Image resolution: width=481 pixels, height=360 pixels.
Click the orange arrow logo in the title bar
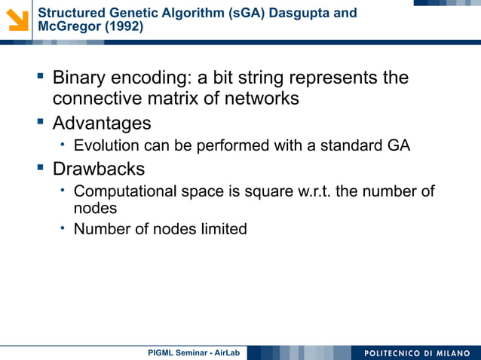[17, 19]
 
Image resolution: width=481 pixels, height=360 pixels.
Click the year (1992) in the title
[121, 27]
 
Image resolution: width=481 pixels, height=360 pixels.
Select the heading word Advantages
[102, 123]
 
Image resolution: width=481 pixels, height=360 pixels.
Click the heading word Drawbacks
[99, 169]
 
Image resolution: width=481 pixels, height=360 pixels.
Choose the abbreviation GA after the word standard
[398, 145]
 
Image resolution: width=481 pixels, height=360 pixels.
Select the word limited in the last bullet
[223, 229]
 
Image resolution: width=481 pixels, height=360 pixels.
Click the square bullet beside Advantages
[40, 121]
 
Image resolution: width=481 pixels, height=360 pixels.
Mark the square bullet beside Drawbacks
[40, 167]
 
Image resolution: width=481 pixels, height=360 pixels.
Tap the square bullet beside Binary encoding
[40, 76]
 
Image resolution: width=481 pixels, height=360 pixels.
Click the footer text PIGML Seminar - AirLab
[193, 352]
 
